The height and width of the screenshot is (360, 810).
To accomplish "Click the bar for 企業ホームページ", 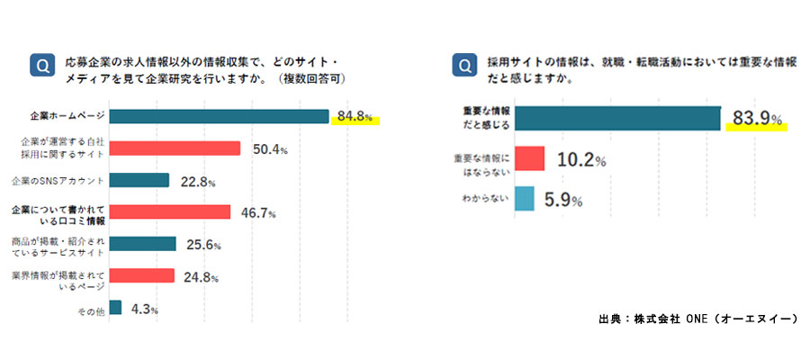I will click(x=219, y=116).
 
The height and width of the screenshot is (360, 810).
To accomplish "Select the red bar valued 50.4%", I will click(x=175, y=148).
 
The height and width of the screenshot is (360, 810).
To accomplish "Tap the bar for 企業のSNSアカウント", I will click(x=139, y=181).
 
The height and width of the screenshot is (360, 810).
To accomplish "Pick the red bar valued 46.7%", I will click(x=170, y=212).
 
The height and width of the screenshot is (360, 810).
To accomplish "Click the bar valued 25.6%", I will click(x=142, y=244).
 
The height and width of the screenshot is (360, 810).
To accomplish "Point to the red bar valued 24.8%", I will click(x=141, y=275).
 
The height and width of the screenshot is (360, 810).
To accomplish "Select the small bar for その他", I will click(x=115, y=308).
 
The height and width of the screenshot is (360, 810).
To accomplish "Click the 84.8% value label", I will click(x=355, y=116).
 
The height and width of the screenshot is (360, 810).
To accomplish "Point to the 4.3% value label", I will click(x=145, y=309).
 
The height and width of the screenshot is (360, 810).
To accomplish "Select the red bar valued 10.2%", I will click(x=530, y=158).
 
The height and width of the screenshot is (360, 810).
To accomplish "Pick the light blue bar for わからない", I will click(x=525, y=198).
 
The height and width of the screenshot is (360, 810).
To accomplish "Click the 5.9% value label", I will click(x=564, y=199).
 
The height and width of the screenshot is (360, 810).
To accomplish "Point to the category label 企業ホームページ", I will click(x=67, y=116).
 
